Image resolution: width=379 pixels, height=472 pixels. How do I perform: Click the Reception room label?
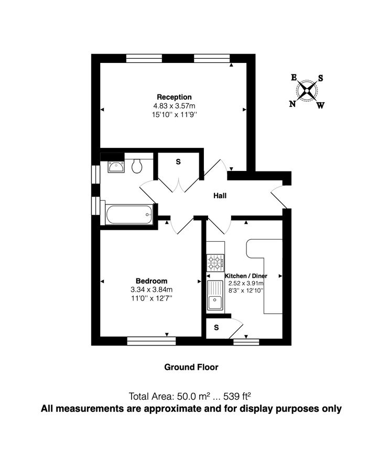pyautogui.click(x=174, y=97)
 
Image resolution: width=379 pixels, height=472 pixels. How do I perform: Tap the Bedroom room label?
pyautogui.click(x=151, y=281)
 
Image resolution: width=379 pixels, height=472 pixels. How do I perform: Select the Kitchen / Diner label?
pyautogui.click(x=245, y=276)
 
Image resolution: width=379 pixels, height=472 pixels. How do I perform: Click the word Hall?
pyautogui.click(x=220, y=196)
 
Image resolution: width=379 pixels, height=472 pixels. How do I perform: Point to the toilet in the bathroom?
pyautogui.click(x=137, y=166)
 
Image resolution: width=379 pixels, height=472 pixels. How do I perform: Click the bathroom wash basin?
pyautogui.click(x=115, y=167)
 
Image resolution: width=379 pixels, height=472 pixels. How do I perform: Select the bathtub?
pyautogui.click(x=129, y=213)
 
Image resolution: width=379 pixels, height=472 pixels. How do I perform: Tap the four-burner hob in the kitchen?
pyautogui.click(x=215, y=262)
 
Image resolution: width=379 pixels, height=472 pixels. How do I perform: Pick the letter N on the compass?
pyautogui.click(x=292, y=104)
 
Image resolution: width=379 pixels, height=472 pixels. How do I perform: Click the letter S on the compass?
pyautogui.click(x=320, y=78)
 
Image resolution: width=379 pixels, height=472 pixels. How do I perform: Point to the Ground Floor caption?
pyautogui.click(x=191, y=367)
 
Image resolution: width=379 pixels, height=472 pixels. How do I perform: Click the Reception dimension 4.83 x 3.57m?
pyautogui.click(x=174, y=105)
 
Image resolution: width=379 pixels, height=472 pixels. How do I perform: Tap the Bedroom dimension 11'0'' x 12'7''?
pyautogui.click(x=151, y=298)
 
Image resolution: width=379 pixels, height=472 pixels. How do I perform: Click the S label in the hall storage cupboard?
pyautogui.click(x=178, y=162)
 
